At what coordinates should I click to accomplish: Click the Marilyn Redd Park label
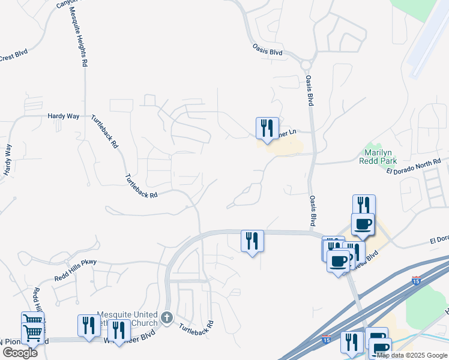click(378, 157)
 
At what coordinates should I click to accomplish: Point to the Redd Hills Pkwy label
click(75, 262)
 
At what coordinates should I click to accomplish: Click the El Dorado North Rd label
click(414, 166)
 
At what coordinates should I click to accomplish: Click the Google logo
click(20, 352)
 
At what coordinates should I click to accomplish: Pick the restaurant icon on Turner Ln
click(267, 128)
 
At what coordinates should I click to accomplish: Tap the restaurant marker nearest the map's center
click(252, 241)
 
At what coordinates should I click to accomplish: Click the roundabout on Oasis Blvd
click(307, 64)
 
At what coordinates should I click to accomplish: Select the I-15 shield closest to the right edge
click(417, 281)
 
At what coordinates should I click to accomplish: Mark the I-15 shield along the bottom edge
click(326, 340)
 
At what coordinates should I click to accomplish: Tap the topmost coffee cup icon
click(363, 224)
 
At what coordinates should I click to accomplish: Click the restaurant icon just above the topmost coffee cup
click(364, 205)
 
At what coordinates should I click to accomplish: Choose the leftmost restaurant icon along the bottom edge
click(89, 326)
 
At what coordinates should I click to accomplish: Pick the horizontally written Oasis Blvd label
click(267, 52)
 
